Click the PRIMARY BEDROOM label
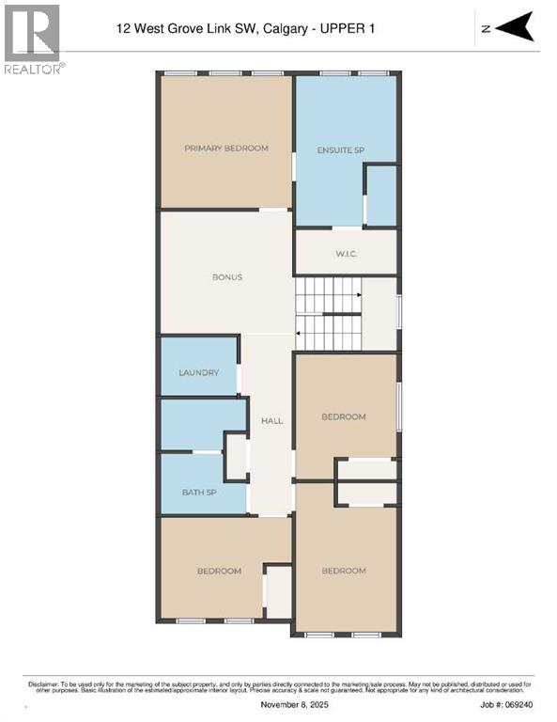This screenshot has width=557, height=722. point(226,149)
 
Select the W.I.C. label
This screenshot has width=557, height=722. point(347,253)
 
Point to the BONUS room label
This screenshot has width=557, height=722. point(227,277)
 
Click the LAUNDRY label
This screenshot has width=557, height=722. point(199,373)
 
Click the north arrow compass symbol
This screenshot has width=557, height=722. point(514,27)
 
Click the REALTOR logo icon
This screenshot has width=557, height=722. point(31,33)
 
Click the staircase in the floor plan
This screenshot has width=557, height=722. point(328,314)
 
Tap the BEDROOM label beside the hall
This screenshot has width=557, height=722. point(344,416)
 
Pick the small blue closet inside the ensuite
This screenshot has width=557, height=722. point(380,196)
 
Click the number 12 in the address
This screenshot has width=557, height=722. point(123,29)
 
